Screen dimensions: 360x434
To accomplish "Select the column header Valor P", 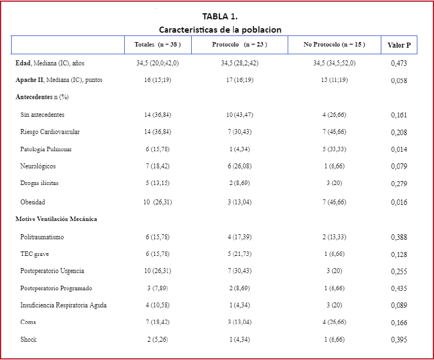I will coord(399,45).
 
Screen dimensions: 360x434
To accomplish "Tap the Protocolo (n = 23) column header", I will coord(239,44).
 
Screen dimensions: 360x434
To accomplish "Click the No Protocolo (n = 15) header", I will coord(334,44).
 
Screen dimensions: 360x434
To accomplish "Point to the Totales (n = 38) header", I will coord(157,44).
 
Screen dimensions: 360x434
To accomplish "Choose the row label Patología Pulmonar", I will coord(46,150).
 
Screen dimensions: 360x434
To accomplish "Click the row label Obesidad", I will coord(33,202).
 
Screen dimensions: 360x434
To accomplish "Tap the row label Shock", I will coord(28,339).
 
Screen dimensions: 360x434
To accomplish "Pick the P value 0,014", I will coord(399,150).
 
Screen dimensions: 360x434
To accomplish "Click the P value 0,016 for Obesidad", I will coord(399,203).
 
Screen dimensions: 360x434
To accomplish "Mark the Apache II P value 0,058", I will coord(399,81).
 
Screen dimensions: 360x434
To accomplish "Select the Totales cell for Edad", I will coord(157,63).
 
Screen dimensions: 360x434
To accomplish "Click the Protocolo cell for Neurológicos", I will coord(239,166).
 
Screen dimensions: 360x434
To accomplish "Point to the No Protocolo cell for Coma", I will coord(334,322).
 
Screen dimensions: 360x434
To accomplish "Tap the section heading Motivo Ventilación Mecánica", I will coord(56,219).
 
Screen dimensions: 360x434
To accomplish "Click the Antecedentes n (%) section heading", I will coord(42,97).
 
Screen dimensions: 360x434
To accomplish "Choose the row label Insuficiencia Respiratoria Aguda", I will coord(63,305).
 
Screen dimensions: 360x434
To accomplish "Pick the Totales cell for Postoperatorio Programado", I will coord(157,288).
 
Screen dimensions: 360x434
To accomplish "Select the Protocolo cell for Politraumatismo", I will coord(239,237).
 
